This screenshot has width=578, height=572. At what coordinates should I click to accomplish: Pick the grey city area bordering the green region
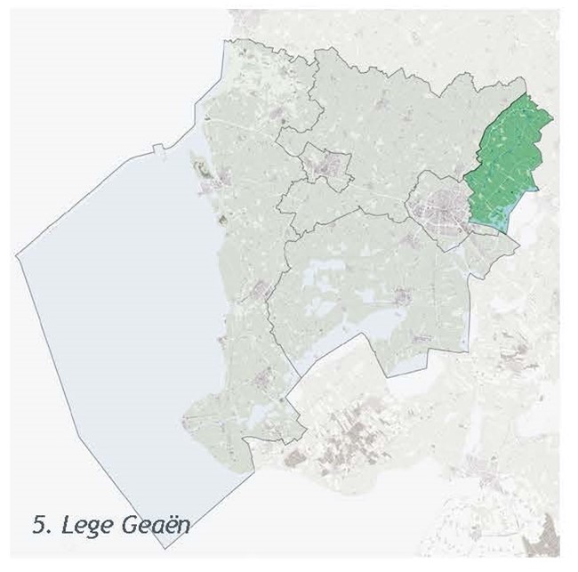[438, 204]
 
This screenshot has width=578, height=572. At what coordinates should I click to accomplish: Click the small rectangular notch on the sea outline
[157, 149]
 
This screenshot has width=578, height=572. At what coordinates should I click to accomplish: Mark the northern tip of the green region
[530, 94]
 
